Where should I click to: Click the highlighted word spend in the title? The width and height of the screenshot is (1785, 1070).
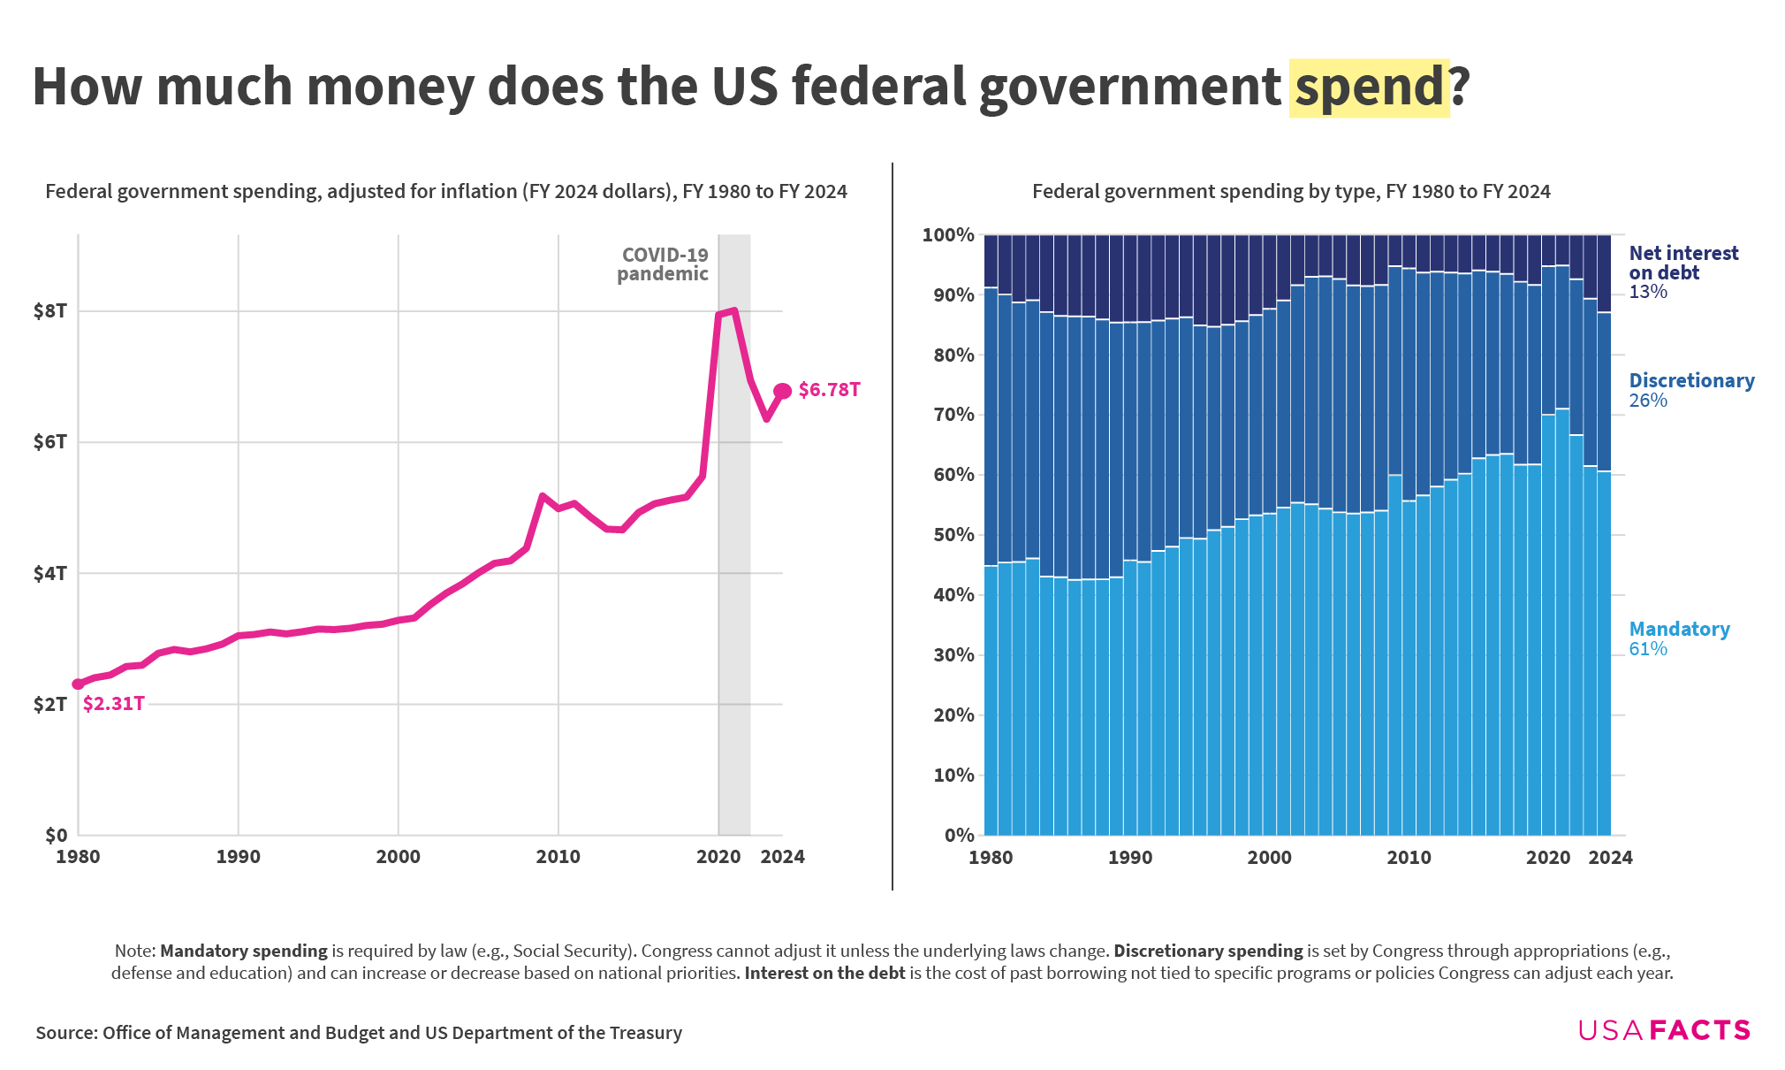(1369, 88)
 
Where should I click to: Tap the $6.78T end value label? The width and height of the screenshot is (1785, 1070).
(829, 390)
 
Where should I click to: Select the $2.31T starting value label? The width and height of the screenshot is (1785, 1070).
(113, 704)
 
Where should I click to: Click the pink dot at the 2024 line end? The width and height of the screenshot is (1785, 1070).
(782, 391)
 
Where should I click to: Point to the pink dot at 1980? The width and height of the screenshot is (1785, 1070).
(78, 684)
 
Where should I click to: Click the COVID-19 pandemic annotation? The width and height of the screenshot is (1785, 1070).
(663, 264)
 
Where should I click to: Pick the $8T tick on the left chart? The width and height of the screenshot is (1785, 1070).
(49, 310)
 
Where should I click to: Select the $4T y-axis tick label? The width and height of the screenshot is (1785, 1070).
(49, 573)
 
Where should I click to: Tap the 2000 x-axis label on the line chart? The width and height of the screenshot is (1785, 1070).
(398, 857)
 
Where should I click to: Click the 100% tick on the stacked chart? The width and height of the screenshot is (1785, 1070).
(947, 235)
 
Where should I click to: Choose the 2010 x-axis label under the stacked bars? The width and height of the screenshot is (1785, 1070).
(1409, 858)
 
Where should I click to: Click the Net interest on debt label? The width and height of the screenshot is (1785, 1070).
(1682, 263)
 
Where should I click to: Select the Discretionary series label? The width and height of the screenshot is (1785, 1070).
(1691, 380)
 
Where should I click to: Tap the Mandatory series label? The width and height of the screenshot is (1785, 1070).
(1679, 629)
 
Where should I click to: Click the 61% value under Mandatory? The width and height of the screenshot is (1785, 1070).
(1648, 649)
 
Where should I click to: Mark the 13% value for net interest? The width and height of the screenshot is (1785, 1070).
(1648, 292)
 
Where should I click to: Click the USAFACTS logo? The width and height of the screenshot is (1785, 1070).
(1663, 1030)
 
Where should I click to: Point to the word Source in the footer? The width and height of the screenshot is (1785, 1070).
(65, 1033)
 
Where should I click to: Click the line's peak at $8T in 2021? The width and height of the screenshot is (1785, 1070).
(734, 310)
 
